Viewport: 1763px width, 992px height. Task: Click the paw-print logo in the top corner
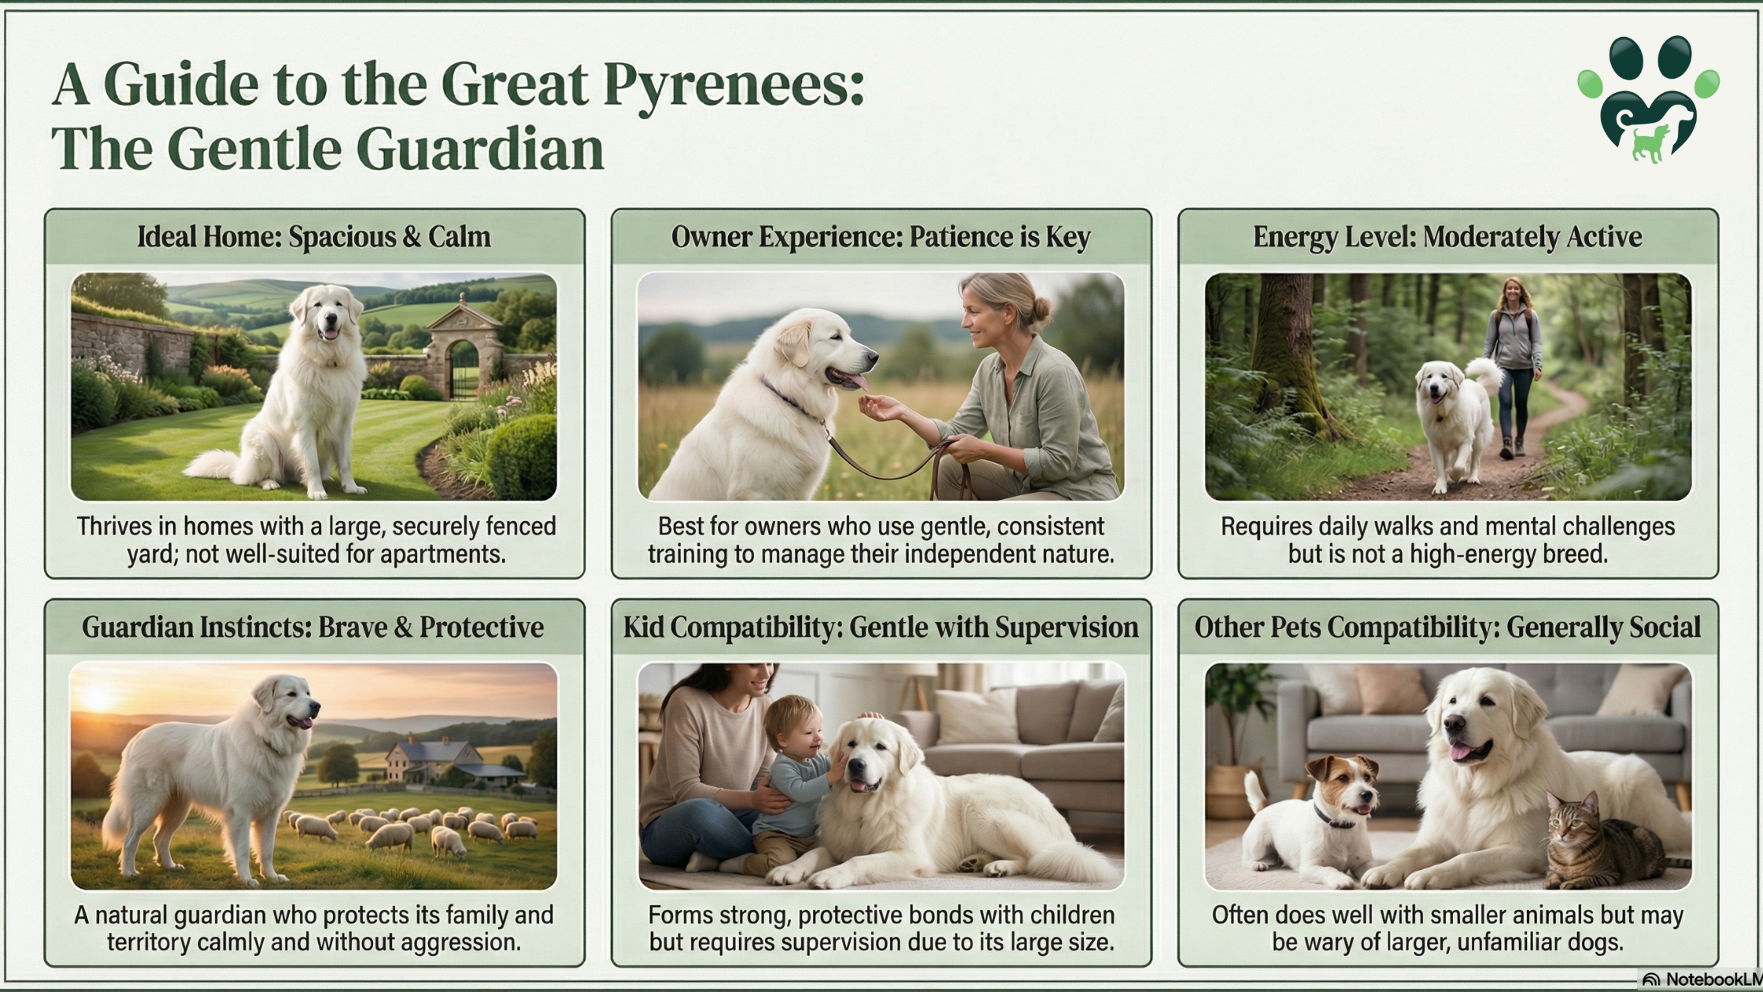pos(1648,98)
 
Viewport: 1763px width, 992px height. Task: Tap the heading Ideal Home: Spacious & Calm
pos(314,236)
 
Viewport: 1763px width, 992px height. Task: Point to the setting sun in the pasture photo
pos(98,698)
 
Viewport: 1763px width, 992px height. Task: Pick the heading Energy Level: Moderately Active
pos(1447,236)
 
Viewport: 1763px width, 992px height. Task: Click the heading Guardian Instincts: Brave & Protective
pos(313,627)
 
